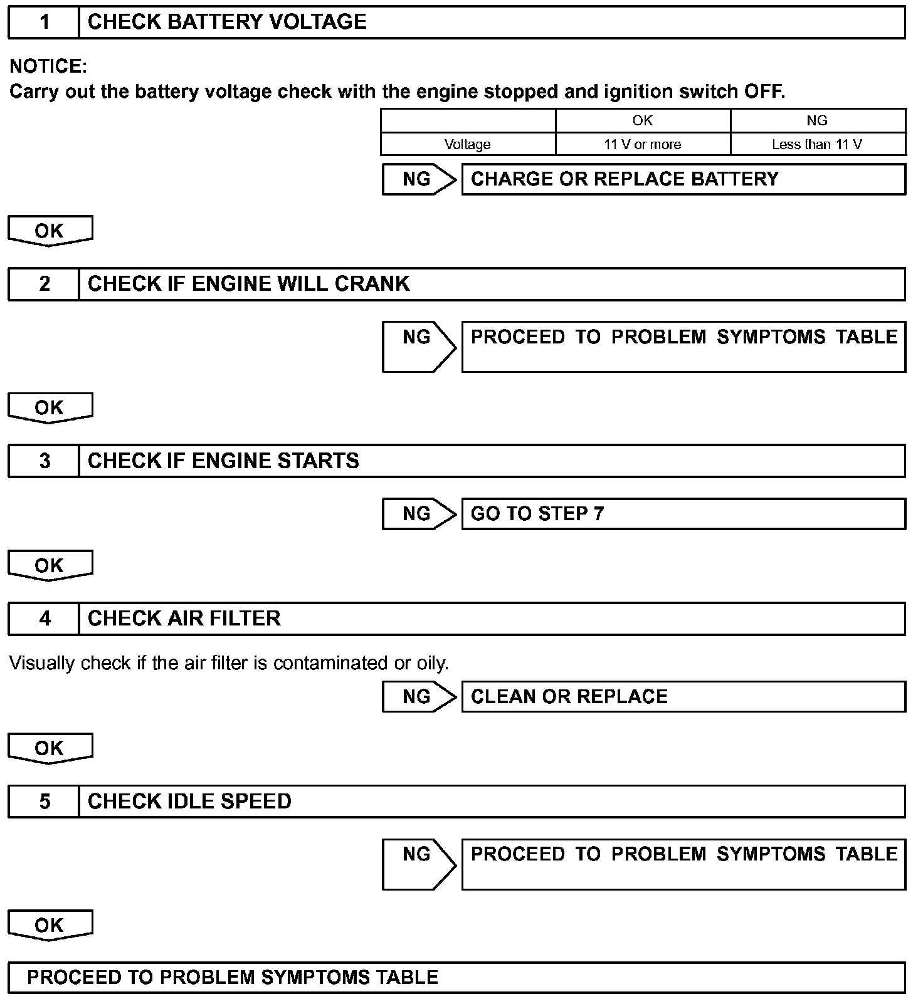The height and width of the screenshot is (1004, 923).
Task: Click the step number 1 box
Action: [x=44, y=23]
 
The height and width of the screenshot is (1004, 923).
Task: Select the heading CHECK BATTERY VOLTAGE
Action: [x=227, y=23]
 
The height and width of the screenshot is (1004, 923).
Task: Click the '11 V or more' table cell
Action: [x=642, y=145]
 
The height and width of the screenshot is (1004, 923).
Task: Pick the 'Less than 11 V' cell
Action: [x=816, y=145]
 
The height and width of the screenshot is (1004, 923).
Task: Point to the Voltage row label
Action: [x=467, y=145]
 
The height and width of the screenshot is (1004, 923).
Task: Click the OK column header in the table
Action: [x=642, y=120]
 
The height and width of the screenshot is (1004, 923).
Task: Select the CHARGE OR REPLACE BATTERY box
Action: [x=683, y=179]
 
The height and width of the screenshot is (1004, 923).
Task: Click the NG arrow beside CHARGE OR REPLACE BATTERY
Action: [x=418, y=180]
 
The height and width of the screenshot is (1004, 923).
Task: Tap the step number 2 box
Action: [x=44, y=285]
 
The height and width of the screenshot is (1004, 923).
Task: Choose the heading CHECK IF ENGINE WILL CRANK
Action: [x=248, y=285]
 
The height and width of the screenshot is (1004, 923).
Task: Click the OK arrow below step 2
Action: [x=50, y=408]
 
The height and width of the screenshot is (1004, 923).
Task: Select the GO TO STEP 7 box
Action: [x=683, y=514]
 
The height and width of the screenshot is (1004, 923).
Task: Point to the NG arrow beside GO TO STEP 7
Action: [x=418, y=514]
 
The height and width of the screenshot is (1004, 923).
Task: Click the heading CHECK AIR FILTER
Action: [x=184, y=619]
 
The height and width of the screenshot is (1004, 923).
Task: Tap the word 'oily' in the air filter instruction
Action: [x=432, y=663]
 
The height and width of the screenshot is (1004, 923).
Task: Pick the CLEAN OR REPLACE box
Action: [x=683, y=697]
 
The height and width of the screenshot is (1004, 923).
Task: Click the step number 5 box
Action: [x=44, y=802]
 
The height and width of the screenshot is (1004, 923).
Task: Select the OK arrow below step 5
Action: [x=50, y=926]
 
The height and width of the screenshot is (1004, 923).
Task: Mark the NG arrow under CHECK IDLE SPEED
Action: [x=418, y=864]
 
